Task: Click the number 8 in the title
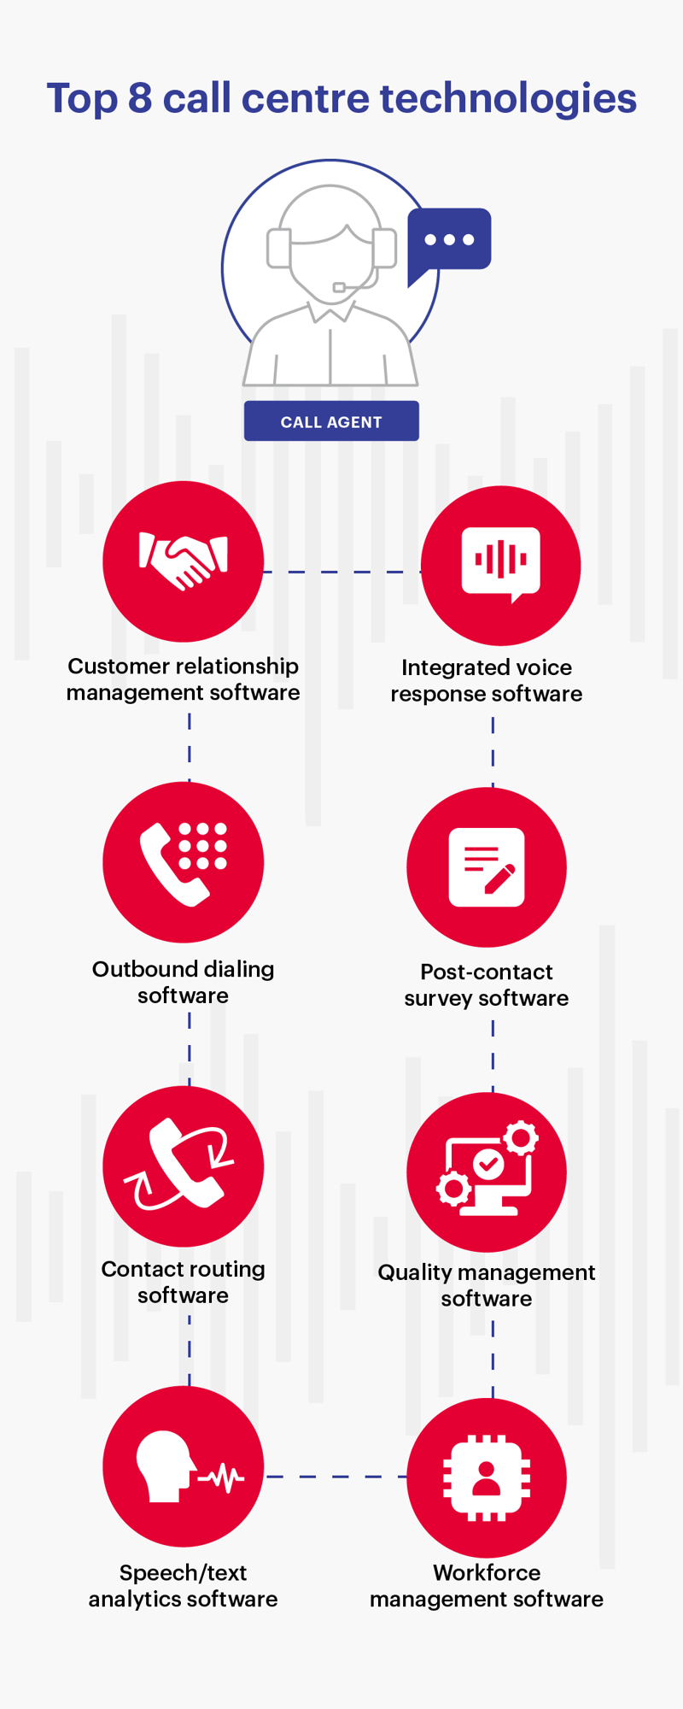[x=139, y=98]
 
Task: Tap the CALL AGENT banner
[x=331, y=421]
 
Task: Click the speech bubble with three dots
[x=449, y=240]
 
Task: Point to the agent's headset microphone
[x=339, y=288]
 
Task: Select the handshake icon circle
[x=183, y=561]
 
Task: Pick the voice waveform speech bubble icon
[x=500, y=563]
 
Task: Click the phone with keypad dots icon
[x=183, y=863]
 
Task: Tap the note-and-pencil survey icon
[x=487, y=867]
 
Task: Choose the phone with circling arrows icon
[x=183, y=1166]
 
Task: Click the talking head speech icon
[x=183, y=1466]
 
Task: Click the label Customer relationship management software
[x=183, y=679]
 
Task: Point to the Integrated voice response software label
[x=487, y=681]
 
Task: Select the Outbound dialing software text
[x=183, y=982]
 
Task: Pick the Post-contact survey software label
[x=487, y=984]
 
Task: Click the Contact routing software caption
[x=183, y=1282]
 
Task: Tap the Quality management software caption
[x=487, y=1285]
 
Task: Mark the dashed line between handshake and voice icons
[x=341, y=572]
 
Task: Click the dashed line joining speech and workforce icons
[x=336, y=1476]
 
